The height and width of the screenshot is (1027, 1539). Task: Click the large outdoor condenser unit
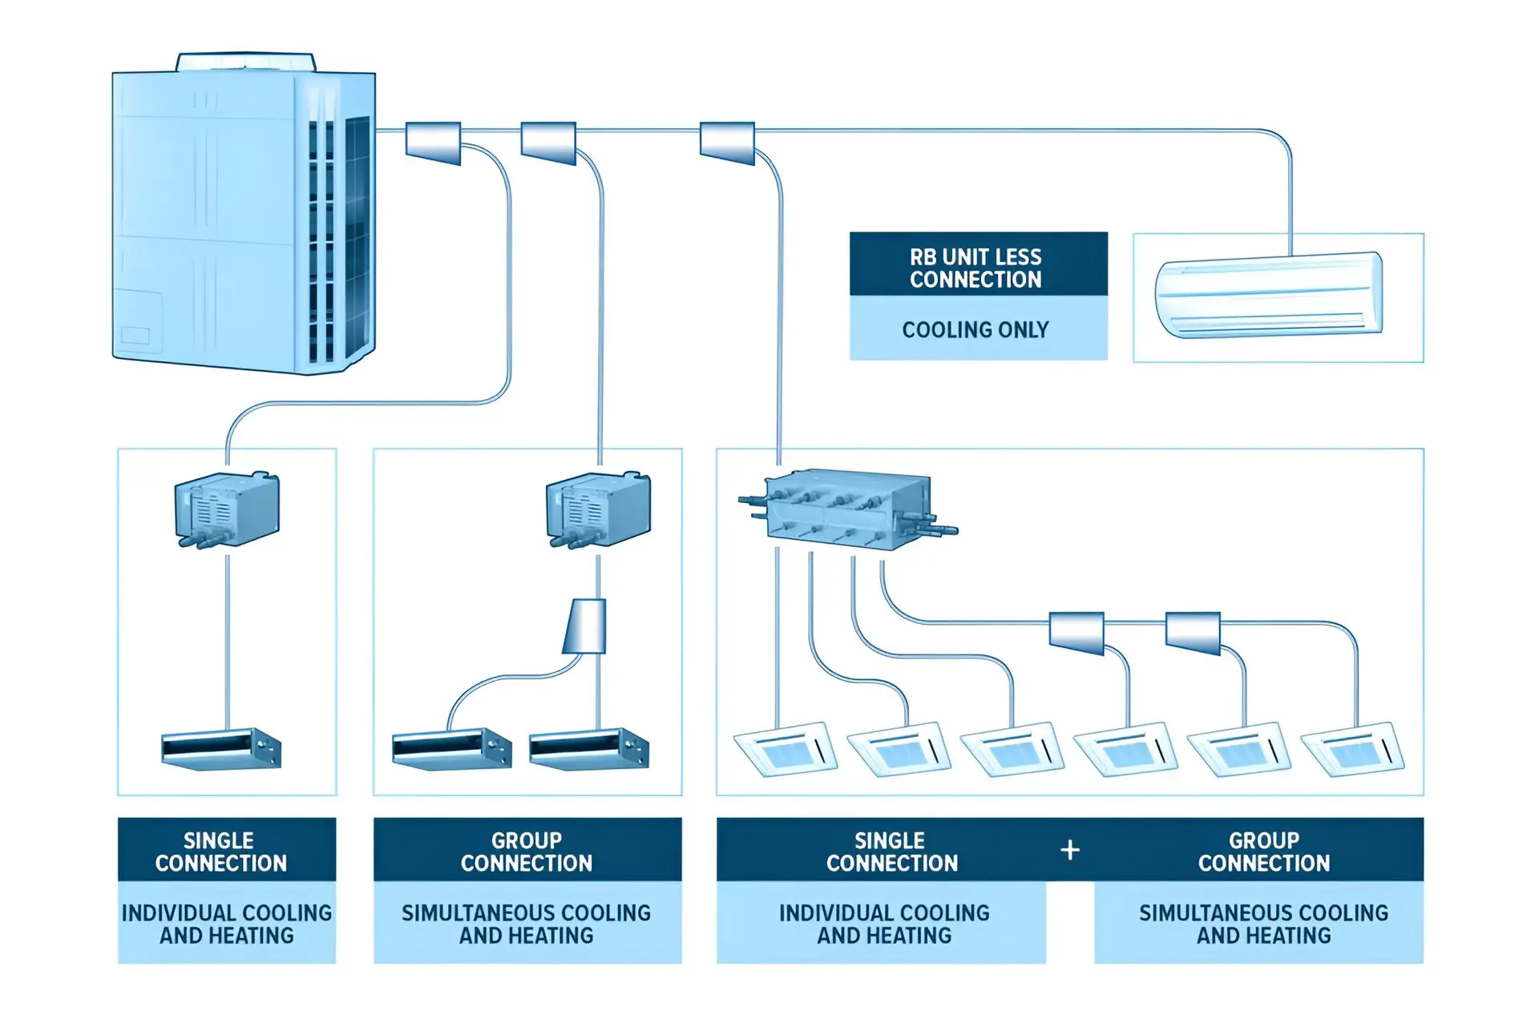pyautogui.click(x=244, y=220)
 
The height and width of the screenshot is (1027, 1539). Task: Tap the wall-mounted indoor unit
pyautogui.click(x=1269, y=295)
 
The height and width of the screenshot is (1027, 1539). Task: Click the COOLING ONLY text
pyautogui.click(x=976, y=329)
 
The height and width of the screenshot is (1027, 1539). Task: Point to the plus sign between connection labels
pyautogui.click(x=1070, y=850)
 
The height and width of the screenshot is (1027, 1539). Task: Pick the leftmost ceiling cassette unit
pyautogui.click(x=786, y=750)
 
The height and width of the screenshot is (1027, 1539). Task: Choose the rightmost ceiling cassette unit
pyautogui.click(x=1353, y=750)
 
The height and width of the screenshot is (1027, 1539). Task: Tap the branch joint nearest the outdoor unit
pyautogui.click(x=433, y=143)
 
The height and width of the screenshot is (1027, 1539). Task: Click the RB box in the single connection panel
pyautogui.click(x=227, y=509)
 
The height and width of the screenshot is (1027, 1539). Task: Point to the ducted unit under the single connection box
pyautogui.click(x=221, y=749)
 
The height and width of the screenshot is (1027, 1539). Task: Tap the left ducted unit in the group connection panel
pyautogui.click(x=452, y=749)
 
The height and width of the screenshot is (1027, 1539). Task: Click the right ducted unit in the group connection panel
pyautogui.click(x=589, y=749)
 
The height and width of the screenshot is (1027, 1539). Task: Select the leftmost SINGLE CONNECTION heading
pyautogui.click(x=221, y=852)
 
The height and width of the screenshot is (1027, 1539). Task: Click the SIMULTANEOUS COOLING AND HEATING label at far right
pyautogui.click(x=1263, y=924)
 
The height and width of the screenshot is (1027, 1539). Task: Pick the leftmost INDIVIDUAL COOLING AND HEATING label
pyautogui.click(x=227, y=924)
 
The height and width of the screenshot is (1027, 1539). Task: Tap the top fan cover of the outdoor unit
pyautogui.click(x=246, y=62)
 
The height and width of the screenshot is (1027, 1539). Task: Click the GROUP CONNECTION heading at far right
pyautogui.click(x=1263, y=852)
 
